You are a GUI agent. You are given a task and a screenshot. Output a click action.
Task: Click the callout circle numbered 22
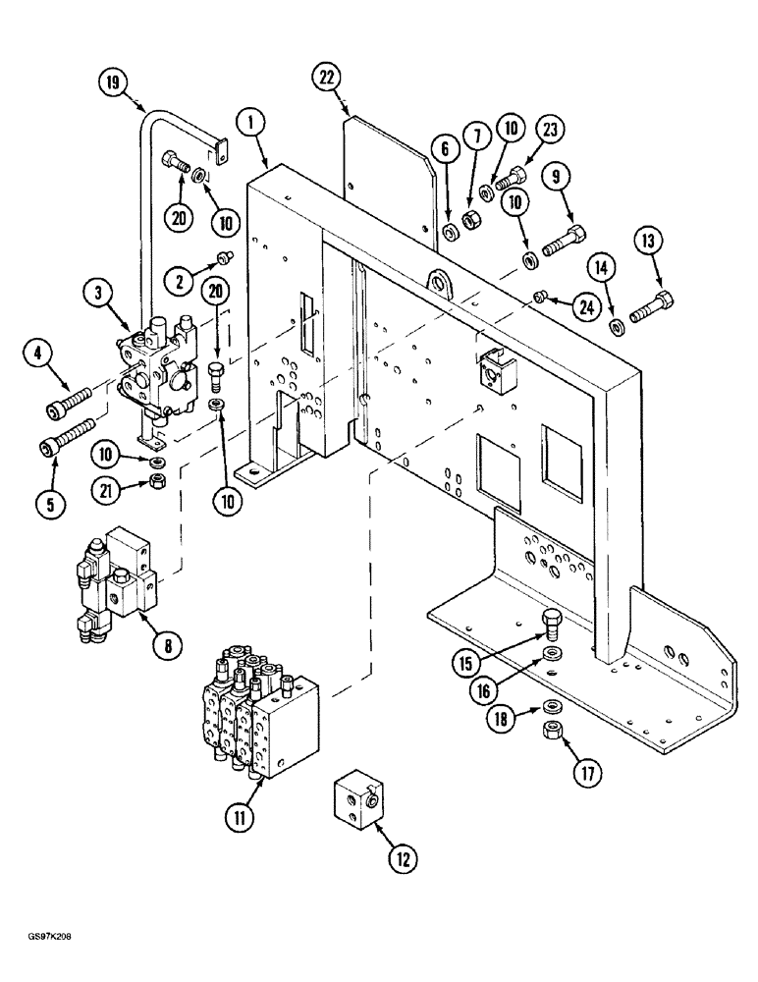point(327,75)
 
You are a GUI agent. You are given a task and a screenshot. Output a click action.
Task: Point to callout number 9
point(583,179)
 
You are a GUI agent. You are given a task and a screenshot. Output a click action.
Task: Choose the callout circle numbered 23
point(550,130)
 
